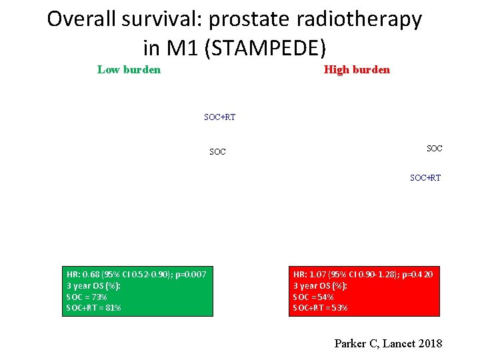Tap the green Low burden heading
coord(129,69)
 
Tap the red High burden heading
coord(357,69)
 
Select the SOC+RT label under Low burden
coord(219,117)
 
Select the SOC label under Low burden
coord(217,152)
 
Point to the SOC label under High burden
coord(434,148)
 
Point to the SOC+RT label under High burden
coord(425,178)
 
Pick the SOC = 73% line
coord(87,297)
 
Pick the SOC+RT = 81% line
coord(93,308)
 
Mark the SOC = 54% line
coord(313,297)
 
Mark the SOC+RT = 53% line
coord(320,308)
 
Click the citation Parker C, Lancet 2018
coord(388,343)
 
